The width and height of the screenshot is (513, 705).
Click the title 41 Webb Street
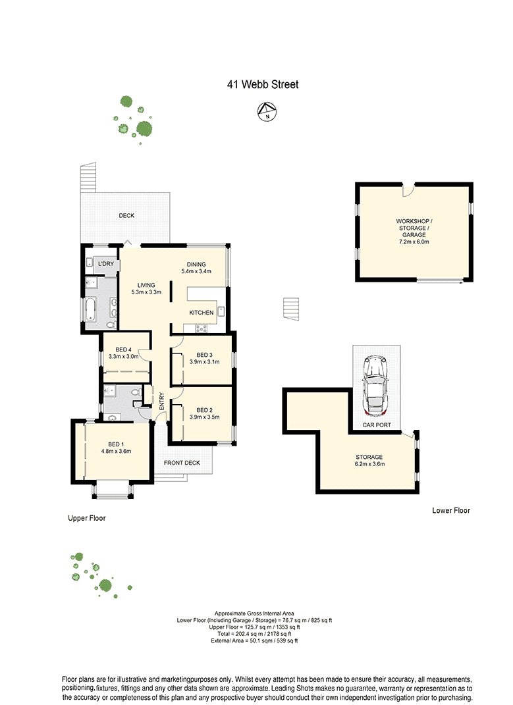263,84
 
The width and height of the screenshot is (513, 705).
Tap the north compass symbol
267,111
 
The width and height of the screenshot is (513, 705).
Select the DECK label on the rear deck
126,216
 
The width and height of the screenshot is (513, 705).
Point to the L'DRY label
106,264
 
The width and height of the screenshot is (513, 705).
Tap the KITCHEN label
202,313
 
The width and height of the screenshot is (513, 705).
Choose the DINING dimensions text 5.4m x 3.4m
196,271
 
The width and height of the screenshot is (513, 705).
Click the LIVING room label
146,285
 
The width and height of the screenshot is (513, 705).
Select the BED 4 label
123,350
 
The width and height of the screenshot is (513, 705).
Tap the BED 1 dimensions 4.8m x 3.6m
116,452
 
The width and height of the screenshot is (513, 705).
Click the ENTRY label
162,402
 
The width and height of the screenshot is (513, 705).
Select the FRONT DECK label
182,463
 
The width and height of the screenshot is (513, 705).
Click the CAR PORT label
377,425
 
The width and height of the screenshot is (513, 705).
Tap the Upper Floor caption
87,518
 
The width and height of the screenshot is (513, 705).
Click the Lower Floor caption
451,510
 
